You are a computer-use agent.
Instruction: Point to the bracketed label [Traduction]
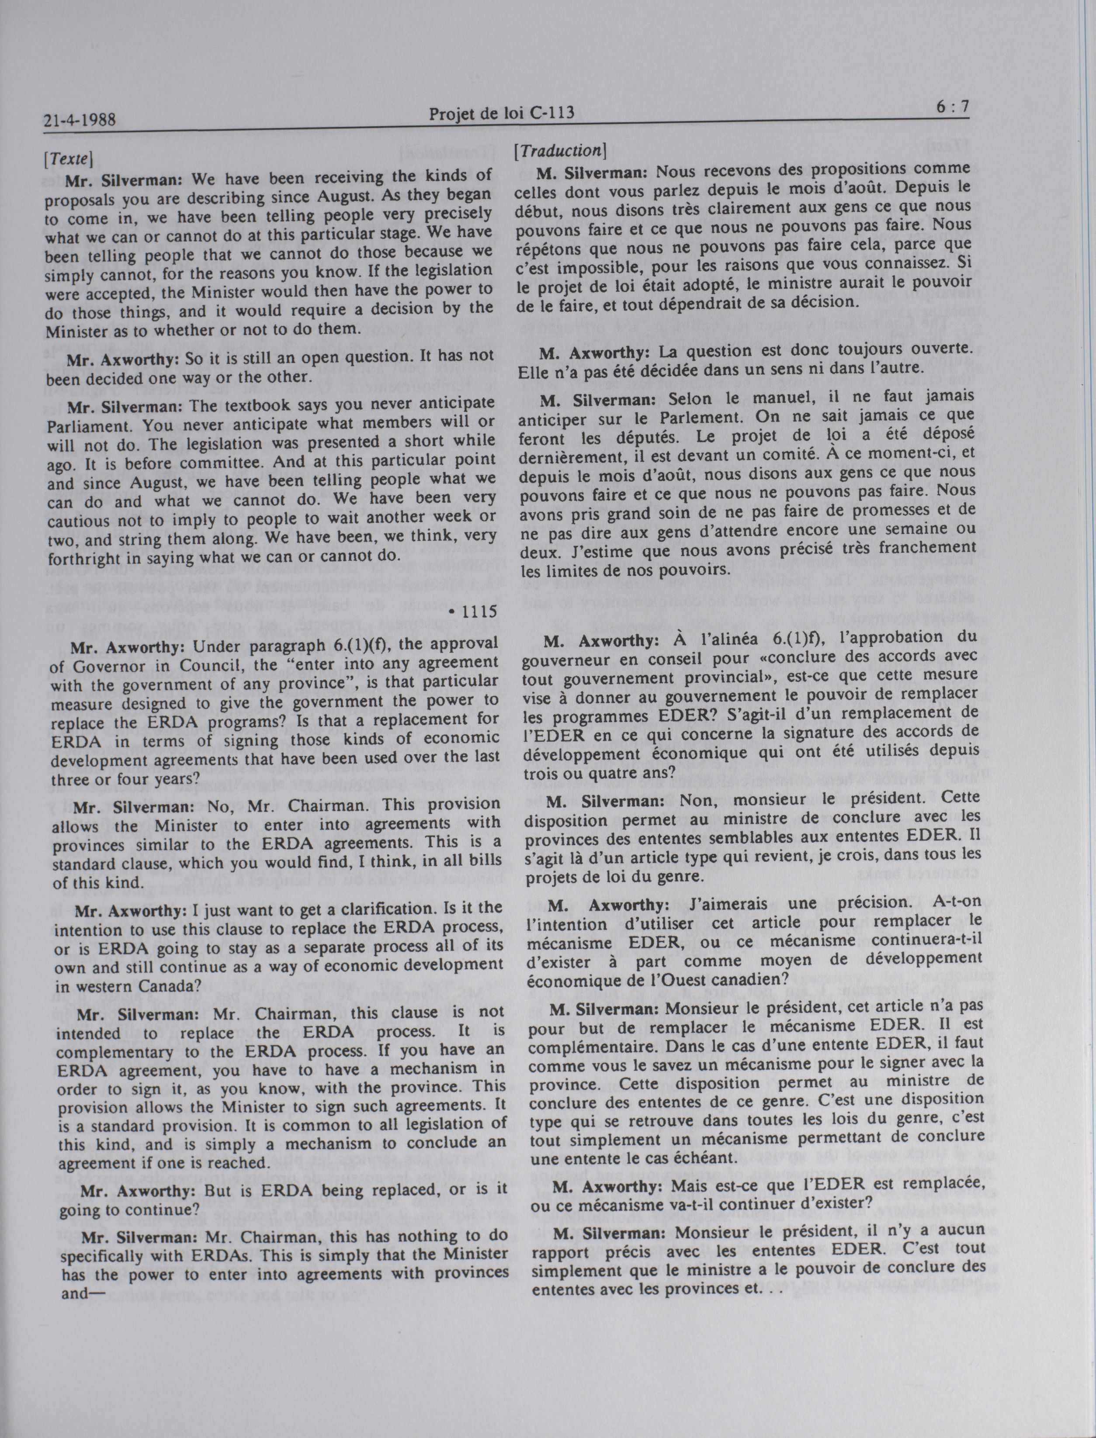560,151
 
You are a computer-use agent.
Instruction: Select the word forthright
84,559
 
